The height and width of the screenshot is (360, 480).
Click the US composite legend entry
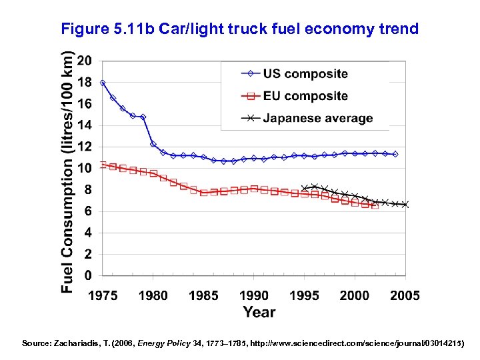click(305, 74)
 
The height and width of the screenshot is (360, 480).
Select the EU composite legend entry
click(305, 96)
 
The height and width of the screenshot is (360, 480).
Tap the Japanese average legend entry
click(317, 119)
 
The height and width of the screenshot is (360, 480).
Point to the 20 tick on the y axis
click(85, 61)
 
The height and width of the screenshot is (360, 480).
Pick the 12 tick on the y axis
click(85, 147)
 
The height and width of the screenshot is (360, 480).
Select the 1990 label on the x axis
click(254, 295)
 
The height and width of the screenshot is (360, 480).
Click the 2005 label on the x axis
click(404, 295)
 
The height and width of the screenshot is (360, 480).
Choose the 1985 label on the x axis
click(203, 295)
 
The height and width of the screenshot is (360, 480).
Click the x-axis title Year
click(259, 312)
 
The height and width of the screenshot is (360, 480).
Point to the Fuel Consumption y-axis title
click(67, 172)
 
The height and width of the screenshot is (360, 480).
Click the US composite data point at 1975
click(103, 83)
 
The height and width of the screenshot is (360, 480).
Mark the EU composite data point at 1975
click(103, 165)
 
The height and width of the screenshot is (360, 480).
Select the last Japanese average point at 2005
click(405, 205)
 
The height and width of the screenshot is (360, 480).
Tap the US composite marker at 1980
click(153, 144)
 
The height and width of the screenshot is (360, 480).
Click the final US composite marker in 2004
click(395, 154)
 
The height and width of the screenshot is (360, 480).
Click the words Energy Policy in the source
click(159, 343)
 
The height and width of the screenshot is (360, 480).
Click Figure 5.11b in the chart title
click(100, 29)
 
